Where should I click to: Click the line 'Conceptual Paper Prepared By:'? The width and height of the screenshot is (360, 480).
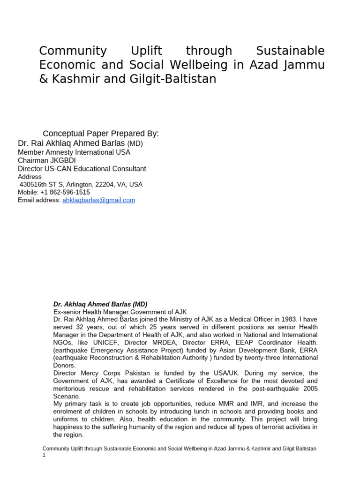click(101, 134)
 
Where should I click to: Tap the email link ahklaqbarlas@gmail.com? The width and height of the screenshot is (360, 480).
click(98, 200)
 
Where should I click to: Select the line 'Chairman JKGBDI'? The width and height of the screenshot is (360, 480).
click(46, 160)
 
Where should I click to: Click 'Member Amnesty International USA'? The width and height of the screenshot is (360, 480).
click(74, 152)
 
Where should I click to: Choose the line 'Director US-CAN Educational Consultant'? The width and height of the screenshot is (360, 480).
click(82, 169)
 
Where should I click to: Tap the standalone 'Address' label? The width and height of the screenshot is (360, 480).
click(30, 177)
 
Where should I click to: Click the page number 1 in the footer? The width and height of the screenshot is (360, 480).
click(44, 455)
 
